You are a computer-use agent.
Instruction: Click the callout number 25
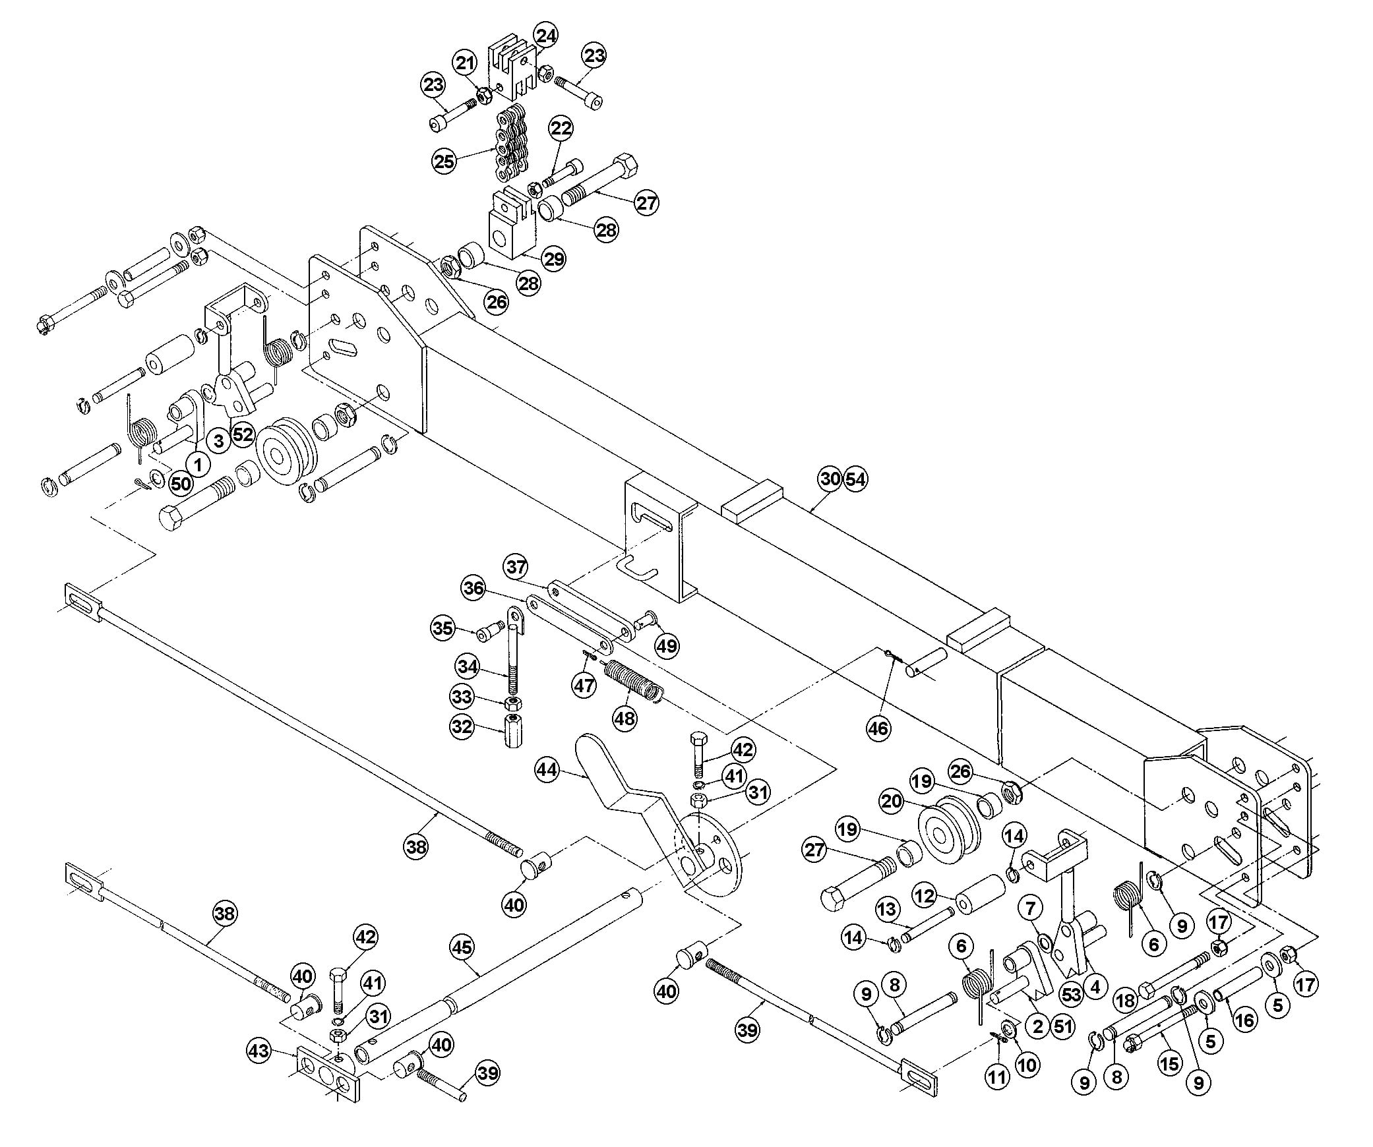pyautogui.click(x=444, y=161)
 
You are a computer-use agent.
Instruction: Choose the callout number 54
pyautogui.click(x=855, y=479)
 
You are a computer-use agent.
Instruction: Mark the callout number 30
pyautogui.click(x=830, y=479)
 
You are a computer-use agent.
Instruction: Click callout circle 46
pyautogui.click(x=878, y=728)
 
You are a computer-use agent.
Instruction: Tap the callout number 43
pyautogui.click(x=259, y=1050)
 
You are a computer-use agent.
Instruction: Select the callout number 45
pyautogui.click(x=462, y=947)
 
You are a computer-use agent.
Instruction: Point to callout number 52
pyautogui.click(x=243, y=434)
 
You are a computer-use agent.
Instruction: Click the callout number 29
pyautogui.click(x=553, y=258)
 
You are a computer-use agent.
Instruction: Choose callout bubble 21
pyautogui.click(x=465, y=64)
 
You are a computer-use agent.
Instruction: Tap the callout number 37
pyautogui.click(x=516, y=567)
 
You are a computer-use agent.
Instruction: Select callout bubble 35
pyautogui.click(x=443, y=628)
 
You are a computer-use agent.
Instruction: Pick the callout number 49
pyautogui.click(x=667, y=645)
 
